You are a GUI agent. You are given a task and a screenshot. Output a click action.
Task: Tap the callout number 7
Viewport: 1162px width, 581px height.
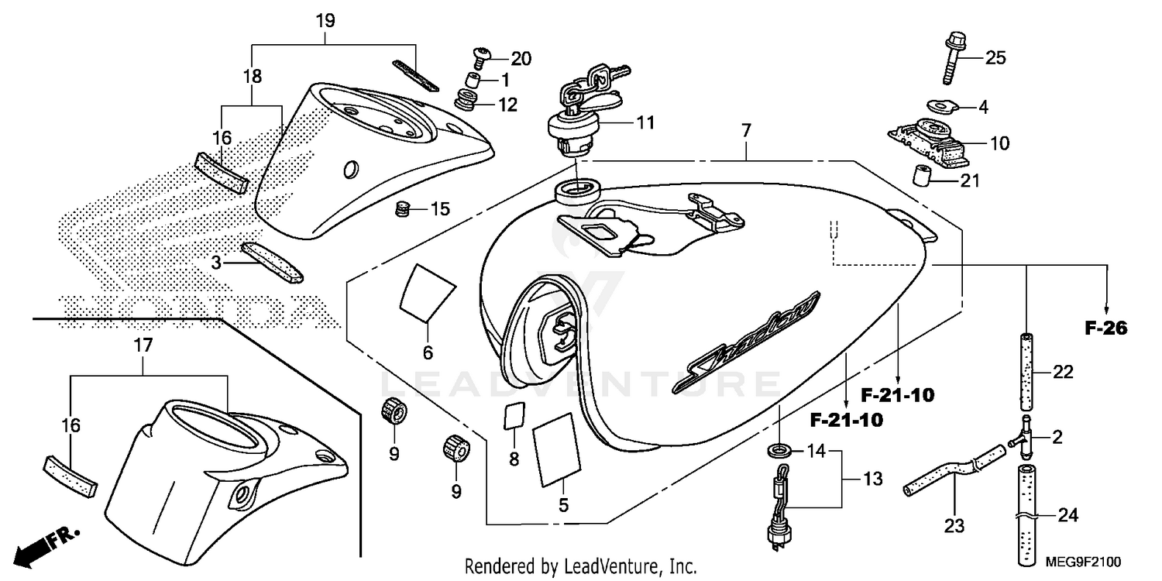tap(745, 131)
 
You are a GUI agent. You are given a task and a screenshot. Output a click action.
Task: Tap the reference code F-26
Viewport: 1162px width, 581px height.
tap(1105, 328)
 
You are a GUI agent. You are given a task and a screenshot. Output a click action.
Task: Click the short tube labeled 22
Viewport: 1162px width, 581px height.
tap(1027, 373)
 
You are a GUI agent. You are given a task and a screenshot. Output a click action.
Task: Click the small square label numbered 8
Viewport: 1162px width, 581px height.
tap(513, 415)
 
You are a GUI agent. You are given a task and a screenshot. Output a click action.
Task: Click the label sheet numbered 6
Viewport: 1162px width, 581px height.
tap(426, 292)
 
